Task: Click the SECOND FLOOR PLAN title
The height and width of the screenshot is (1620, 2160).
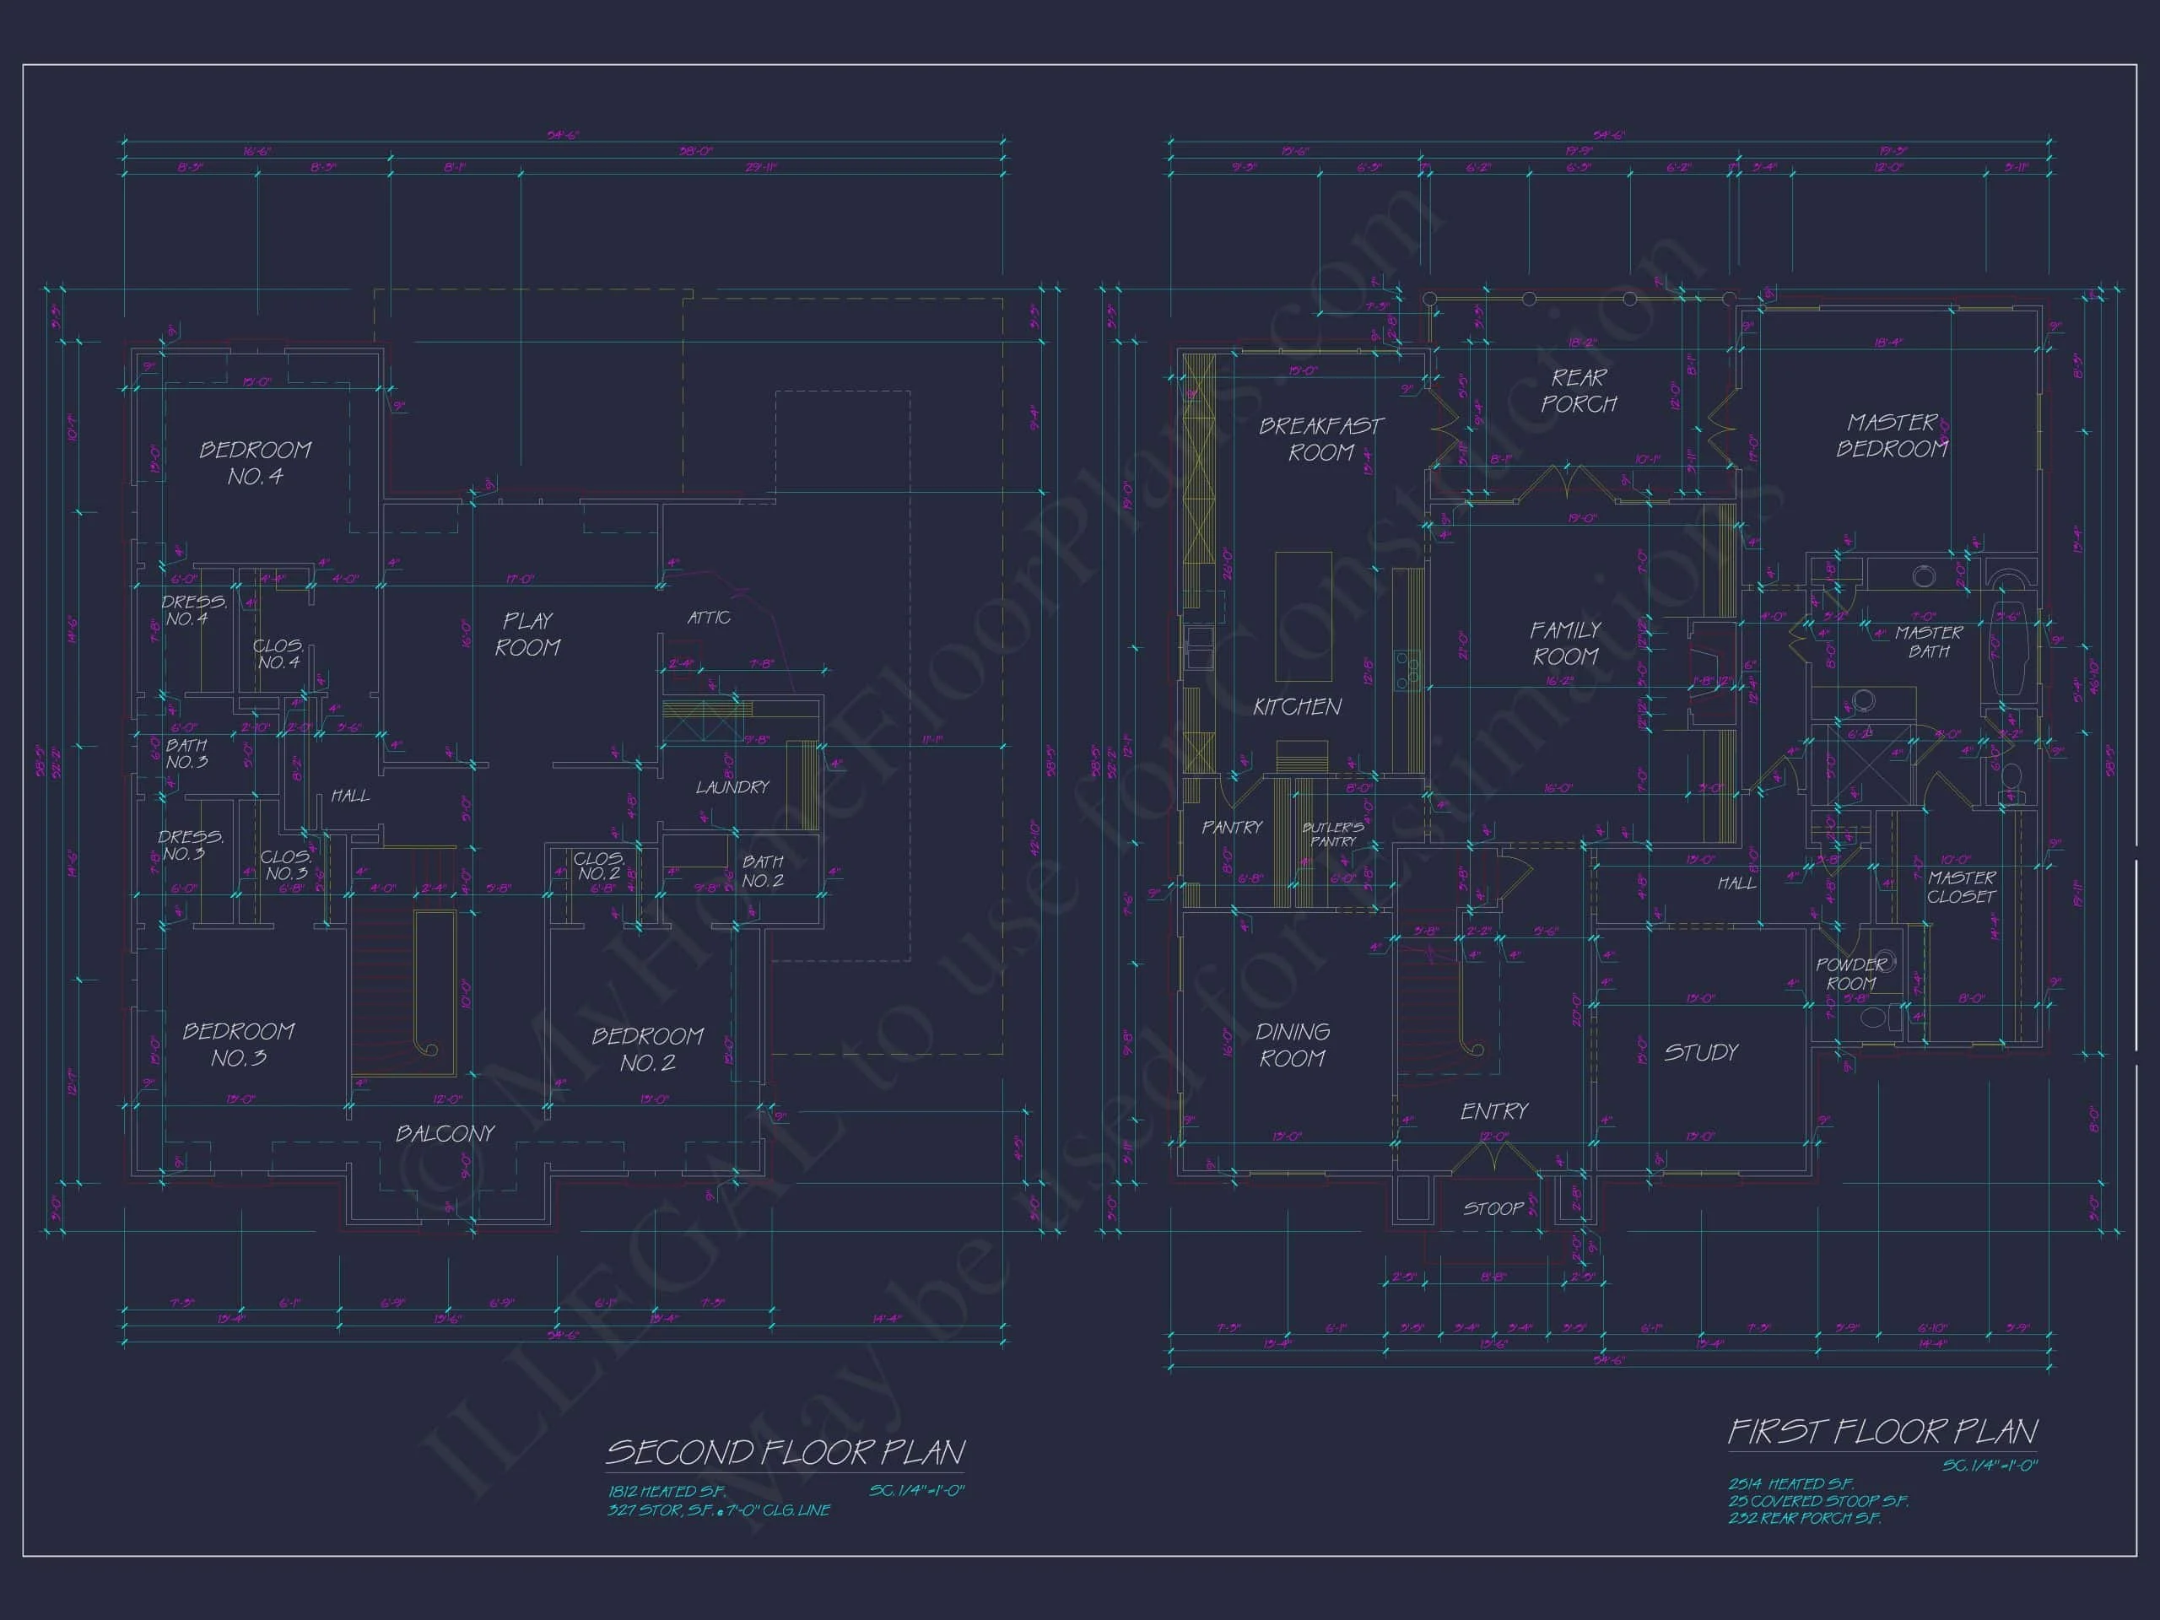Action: coord(785,1452)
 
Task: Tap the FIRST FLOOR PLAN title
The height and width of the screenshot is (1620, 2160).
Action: coord(1882,1432)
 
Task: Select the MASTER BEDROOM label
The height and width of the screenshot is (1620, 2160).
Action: coord(1892,435)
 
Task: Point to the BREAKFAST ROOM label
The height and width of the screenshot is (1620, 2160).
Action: coord(1320,440)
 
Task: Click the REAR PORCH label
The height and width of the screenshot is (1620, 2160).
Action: coord(1578,391)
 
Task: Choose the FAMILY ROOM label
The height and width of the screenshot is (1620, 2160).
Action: coord(1565,643)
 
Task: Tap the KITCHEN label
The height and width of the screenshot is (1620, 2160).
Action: coord(1297,706)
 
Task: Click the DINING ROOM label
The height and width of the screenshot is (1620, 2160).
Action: coord(1292,1045)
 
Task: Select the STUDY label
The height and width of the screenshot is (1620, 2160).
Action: coord(1701,1053)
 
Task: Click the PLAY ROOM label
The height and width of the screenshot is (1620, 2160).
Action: coord(527,634)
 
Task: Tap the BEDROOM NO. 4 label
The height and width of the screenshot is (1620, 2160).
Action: coord(255,463)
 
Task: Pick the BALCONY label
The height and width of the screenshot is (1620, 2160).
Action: coord(445,1134)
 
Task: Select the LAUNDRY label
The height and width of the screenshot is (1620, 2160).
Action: coord(732,787)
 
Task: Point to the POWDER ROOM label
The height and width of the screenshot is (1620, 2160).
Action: coord(1851,974)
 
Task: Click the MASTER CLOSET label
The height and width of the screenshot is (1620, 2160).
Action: coord(1962,887)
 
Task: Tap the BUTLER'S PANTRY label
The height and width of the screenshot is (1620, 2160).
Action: coord(1333,834)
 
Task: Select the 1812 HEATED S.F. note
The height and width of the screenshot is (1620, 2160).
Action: coord(667,1491)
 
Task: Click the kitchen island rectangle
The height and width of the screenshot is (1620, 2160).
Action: coord(1304,617)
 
